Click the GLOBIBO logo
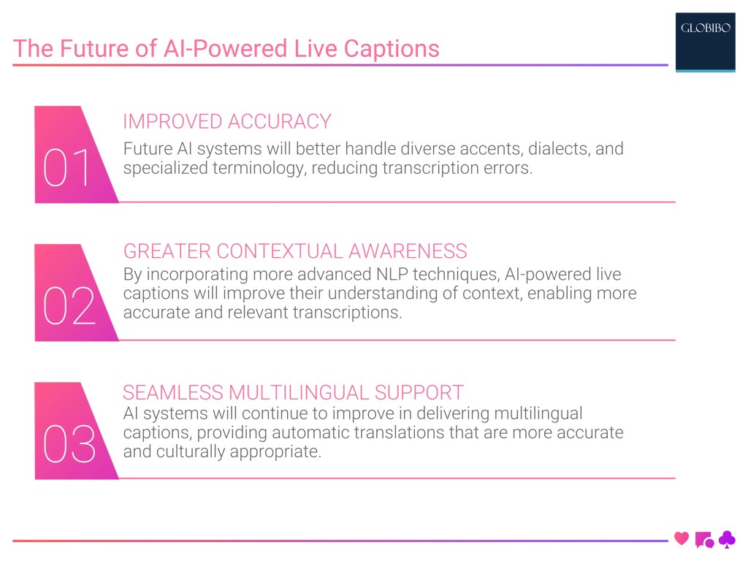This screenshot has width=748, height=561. click(705, 30)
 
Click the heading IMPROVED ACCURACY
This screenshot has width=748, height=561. click(227, 121)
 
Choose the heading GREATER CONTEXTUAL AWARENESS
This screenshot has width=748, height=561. click(295, 251)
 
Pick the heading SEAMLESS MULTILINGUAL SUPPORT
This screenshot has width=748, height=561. click(293, 392)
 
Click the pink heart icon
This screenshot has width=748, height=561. click(682, 539)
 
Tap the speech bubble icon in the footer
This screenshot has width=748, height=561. click(704, 540)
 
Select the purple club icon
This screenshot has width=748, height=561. click(727, 539)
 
